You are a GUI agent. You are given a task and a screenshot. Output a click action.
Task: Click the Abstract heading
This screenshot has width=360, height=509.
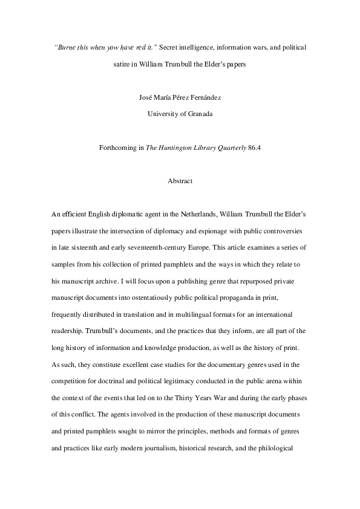tap(180, 180)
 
